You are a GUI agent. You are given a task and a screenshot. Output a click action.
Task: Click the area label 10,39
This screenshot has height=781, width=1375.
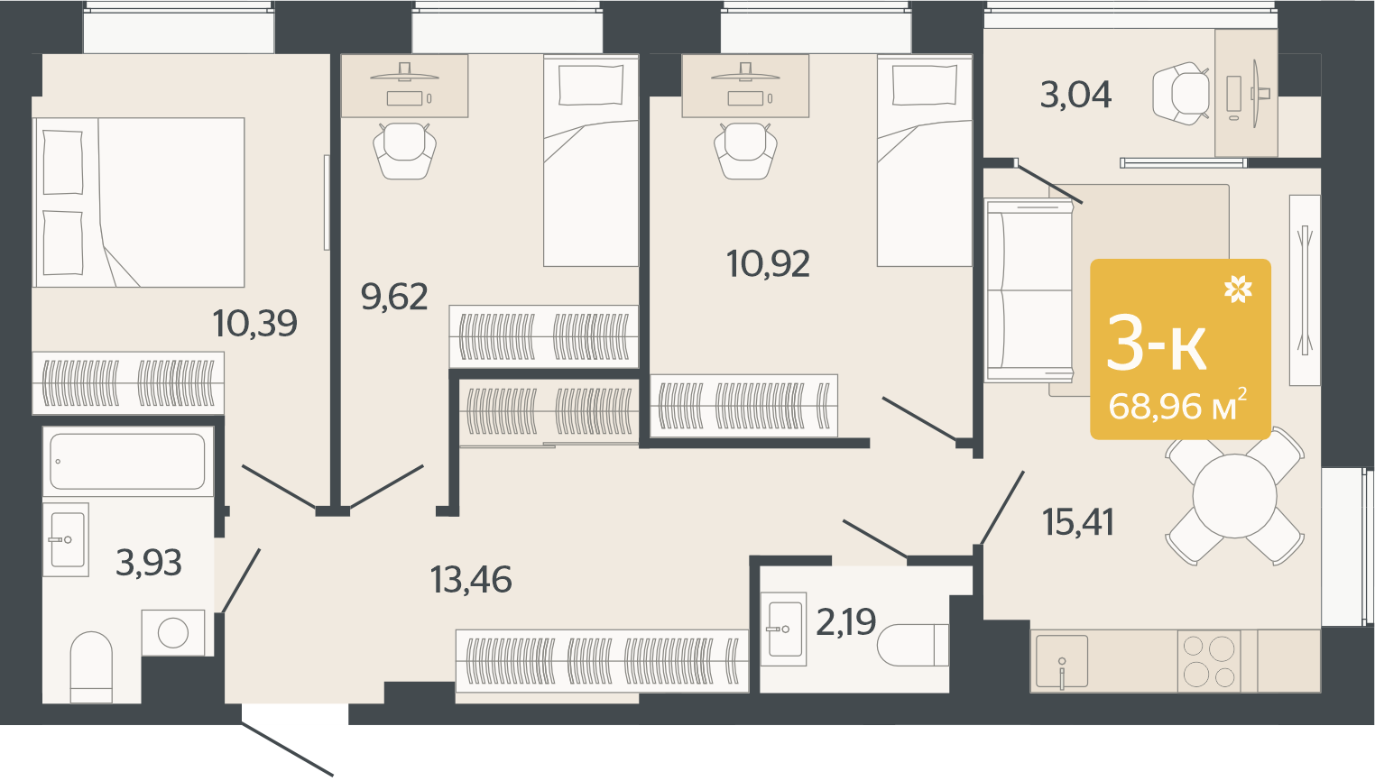pyautogui.click(x=254, y=323)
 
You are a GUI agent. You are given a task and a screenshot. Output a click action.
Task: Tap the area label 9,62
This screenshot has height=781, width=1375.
pyautogui.click(x=394, y=297)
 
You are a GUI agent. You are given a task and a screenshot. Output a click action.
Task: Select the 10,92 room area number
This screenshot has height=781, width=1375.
pyautogui.click(x=768, y=264)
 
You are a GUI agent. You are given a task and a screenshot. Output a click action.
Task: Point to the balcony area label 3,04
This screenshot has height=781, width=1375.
pyautogui.click(x=1075, y=96)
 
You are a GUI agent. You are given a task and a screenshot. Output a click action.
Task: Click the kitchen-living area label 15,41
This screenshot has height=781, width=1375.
pyautogui.click(x=1078, y=523)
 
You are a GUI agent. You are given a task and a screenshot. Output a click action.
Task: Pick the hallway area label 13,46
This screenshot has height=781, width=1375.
pyautogui.click(x=471, y=580)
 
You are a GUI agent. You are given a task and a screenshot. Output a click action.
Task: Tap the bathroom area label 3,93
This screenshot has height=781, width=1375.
pyautogui.click(x=149, y=563)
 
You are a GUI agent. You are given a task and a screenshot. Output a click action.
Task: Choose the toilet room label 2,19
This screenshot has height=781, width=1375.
pyautogui.click(x=846, y=622)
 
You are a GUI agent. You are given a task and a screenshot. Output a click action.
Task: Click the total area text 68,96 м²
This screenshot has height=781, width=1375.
pyautogui.click(x=1177, y=406)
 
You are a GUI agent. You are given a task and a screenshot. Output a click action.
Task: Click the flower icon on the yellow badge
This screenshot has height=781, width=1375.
pyautogui.click(x=1238, y=289)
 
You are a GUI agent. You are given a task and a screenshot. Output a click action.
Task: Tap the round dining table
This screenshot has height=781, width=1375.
pyautogui.click(x=1234, y=496)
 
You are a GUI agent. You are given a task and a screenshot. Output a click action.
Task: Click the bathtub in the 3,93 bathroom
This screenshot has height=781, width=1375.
pyautogui.click(x=128, y=462)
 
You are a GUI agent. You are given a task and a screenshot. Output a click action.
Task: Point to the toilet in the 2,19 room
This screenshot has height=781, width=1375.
pyautogui.click(x=913, y=645)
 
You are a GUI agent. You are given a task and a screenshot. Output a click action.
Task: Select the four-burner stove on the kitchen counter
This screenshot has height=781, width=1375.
pyautogui.click(x=1209, y=661)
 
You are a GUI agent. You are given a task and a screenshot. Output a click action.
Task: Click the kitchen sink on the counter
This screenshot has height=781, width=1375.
pyautogui.click(x=1062, y=661)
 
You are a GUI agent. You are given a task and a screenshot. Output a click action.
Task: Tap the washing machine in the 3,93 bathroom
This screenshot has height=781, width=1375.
pyautogui.click(x=173, y=632)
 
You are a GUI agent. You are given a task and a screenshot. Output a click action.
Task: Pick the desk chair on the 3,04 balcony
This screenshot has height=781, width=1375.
pyautogui.click(x=1181, y=93)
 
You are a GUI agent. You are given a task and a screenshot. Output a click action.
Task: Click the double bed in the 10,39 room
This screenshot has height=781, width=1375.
pyautogui.click(x=139, y=202)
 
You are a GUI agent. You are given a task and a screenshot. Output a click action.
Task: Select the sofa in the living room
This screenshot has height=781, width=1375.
pyautogui.click(x=1029, y=290)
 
